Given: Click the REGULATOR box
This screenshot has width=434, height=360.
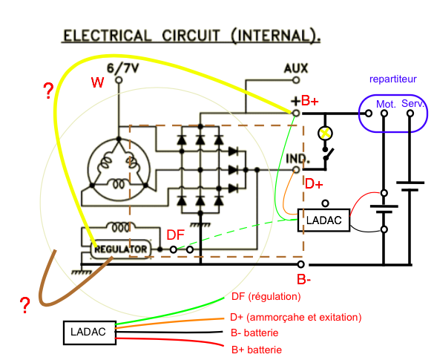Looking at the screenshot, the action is tap(121, 249).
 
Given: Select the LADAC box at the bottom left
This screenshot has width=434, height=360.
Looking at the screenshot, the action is tap(90, 333).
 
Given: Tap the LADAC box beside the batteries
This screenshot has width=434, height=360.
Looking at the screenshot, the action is tap(323, 220).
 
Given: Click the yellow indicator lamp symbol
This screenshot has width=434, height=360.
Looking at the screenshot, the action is tap(325, 133).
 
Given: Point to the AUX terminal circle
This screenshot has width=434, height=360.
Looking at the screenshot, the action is tap(296, 80).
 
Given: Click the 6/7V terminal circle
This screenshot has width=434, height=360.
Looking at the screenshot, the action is tap(119, 80).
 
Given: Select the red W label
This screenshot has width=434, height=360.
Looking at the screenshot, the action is tap(97, 82).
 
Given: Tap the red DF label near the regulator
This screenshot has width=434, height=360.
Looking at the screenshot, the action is tap(176, 235).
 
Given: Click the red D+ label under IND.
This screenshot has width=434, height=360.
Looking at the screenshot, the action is tap(314, 184).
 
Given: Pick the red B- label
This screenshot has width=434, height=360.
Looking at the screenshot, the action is tap(303, 279).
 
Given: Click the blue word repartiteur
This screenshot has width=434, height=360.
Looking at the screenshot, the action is tap(392, 79).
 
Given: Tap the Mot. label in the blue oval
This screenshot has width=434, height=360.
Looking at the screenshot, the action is tap(386, 104).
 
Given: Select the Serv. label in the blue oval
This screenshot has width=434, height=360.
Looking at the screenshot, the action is tap(412, 104).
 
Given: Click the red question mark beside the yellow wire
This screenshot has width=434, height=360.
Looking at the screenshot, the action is tap(48, 91).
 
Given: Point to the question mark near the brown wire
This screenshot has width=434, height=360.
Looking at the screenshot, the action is tap(25, 305).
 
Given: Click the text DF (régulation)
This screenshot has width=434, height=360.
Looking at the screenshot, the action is tap(266, 297).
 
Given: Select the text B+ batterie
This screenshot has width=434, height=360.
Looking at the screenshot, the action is tap(257, 350).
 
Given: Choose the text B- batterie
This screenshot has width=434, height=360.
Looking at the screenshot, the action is tap(254, 333).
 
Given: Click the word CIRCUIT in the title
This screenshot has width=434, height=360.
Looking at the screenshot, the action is tap(191, 36).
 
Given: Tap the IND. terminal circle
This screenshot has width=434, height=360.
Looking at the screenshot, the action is tap(296, 169).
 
